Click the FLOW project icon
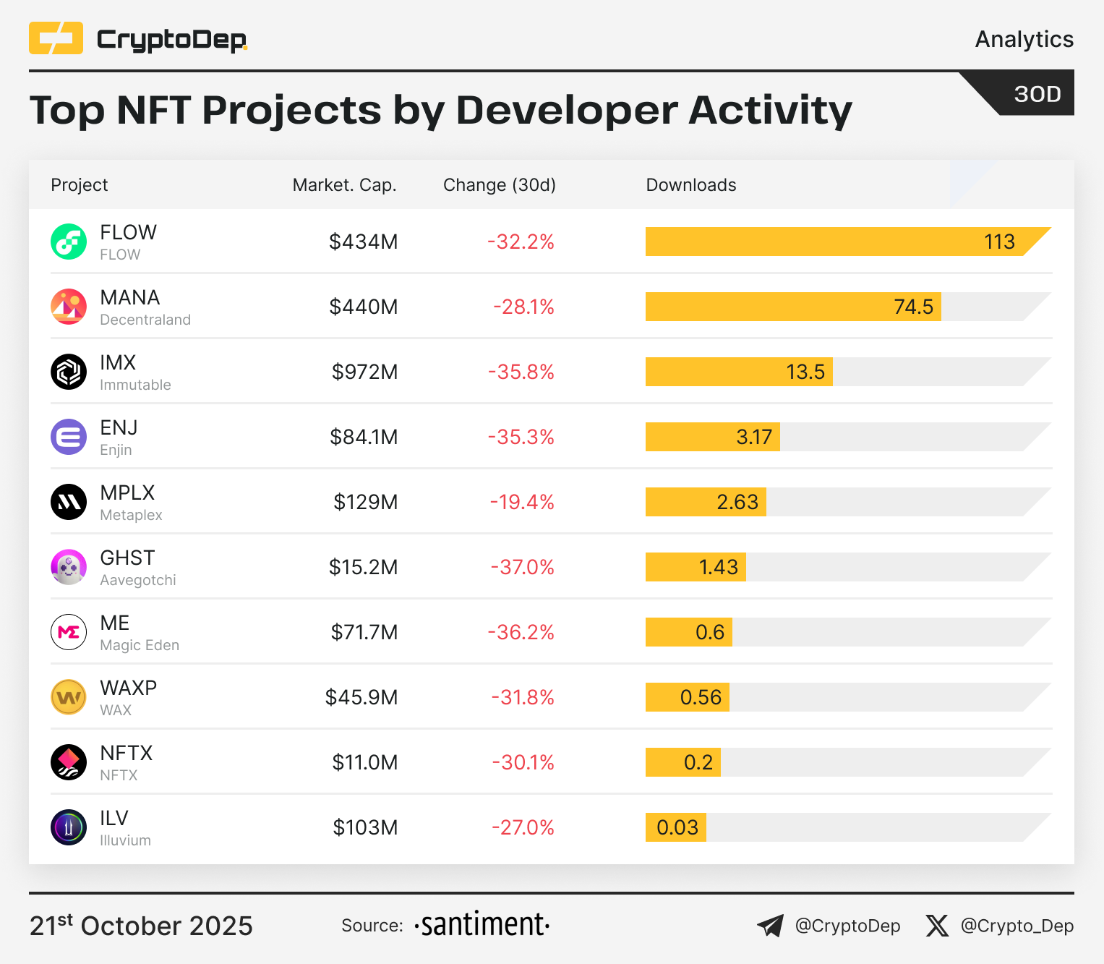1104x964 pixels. click(x=69, y=242)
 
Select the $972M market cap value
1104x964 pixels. click(x=364, y=372)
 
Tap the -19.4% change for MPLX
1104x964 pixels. click(x=522, y=502)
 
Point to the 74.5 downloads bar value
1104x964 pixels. click(x=913, y=307)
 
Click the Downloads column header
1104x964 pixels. click(x=690, y=185)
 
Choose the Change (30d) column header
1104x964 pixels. click(x=499, y=185)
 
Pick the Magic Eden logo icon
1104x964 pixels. click(x=69, y=632)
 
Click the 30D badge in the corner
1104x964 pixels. click(x=1037, y=94)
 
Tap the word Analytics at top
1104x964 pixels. click(x=1024, y=39)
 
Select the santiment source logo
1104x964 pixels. click(x=482, y=925)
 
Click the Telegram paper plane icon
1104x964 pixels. click(x=770, y=926)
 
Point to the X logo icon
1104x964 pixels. click(x=937, y=926)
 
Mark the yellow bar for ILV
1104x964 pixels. click(x=676, y=827)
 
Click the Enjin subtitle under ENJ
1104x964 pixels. click(x=116, y=450)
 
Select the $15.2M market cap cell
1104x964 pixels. click(x=363, y=567)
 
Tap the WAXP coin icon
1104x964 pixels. click(x=69, y=697)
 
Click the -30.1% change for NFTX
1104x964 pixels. click(x=523, y=762)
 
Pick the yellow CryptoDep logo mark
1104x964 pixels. click(x=56, y=38)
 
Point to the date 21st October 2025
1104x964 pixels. click(x=141, y=926)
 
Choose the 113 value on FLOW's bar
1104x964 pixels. click(x=999, y=242)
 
